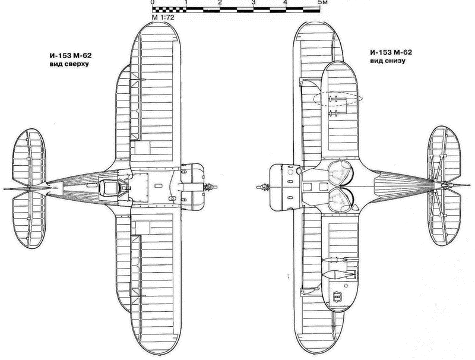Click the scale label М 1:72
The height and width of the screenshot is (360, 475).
coord(163,18)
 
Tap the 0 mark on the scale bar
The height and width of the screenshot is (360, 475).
coord(152,2)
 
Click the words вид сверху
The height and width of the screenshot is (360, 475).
coord(69,64)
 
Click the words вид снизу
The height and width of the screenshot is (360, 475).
coord(388,61)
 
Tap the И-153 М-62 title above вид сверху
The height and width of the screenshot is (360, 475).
coord(71,56)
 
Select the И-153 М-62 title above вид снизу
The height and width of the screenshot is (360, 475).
coord(391,52)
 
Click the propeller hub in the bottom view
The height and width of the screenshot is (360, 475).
coord(264,187)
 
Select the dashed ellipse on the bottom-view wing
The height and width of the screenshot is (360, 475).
coord(337,99)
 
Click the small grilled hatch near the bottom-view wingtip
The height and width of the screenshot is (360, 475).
coord(337,296)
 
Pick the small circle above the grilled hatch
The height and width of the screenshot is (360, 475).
coord(347,285)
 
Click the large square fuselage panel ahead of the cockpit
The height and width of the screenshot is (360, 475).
coord(140,187)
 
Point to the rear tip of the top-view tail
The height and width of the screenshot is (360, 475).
coord(4,189)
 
